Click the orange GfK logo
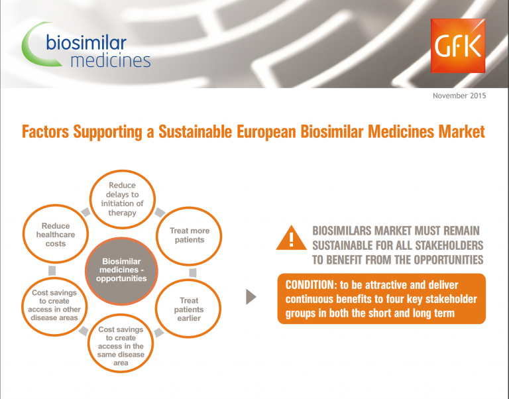458,46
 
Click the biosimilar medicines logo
86,46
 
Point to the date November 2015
459,95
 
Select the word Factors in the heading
46,132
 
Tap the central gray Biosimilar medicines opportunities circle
121,271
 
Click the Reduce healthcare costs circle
56,234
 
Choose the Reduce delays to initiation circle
123,199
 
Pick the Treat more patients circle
190,236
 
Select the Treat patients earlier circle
189,309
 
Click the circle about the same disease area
121,343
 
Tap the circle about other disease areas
54,306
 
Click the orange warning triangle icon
291,238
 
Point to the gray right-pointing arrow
251,297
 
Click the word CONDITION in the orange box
310,285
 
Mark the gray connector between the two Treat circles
192,272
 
